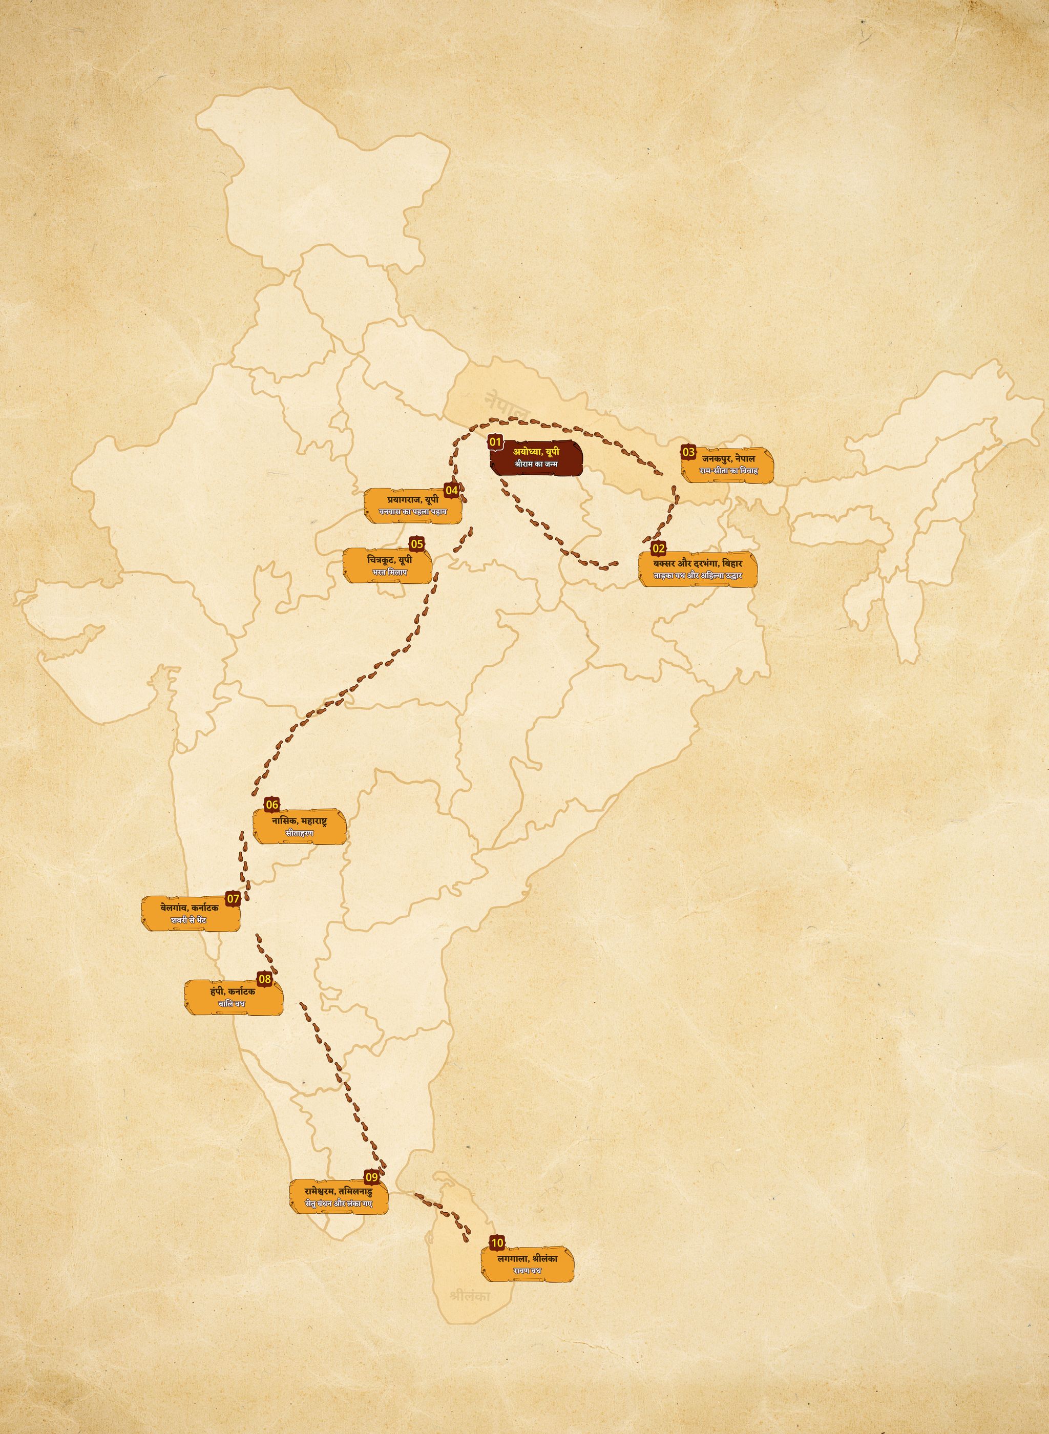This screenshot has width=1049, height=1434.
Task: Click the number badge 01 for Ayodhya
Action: pos(495,442)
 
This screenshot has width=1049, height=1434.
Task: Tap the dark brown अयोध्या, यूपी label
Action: pos(537,457)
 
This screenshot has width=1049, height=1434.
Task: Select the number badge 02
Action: pos(659,548)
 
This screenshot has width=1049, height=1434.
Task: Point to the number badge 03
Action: pos(688,452)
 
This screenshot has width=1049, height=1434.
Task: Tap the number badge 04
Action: pos(451,490)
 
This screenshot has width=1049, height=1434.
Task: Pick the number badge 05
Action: pos(417,543)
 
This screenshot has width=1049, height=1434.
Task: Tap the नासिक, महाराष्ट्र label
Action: pos(299,827)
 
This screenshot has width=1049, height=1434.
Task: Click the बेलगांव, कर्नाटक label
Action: pos(191,914)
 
